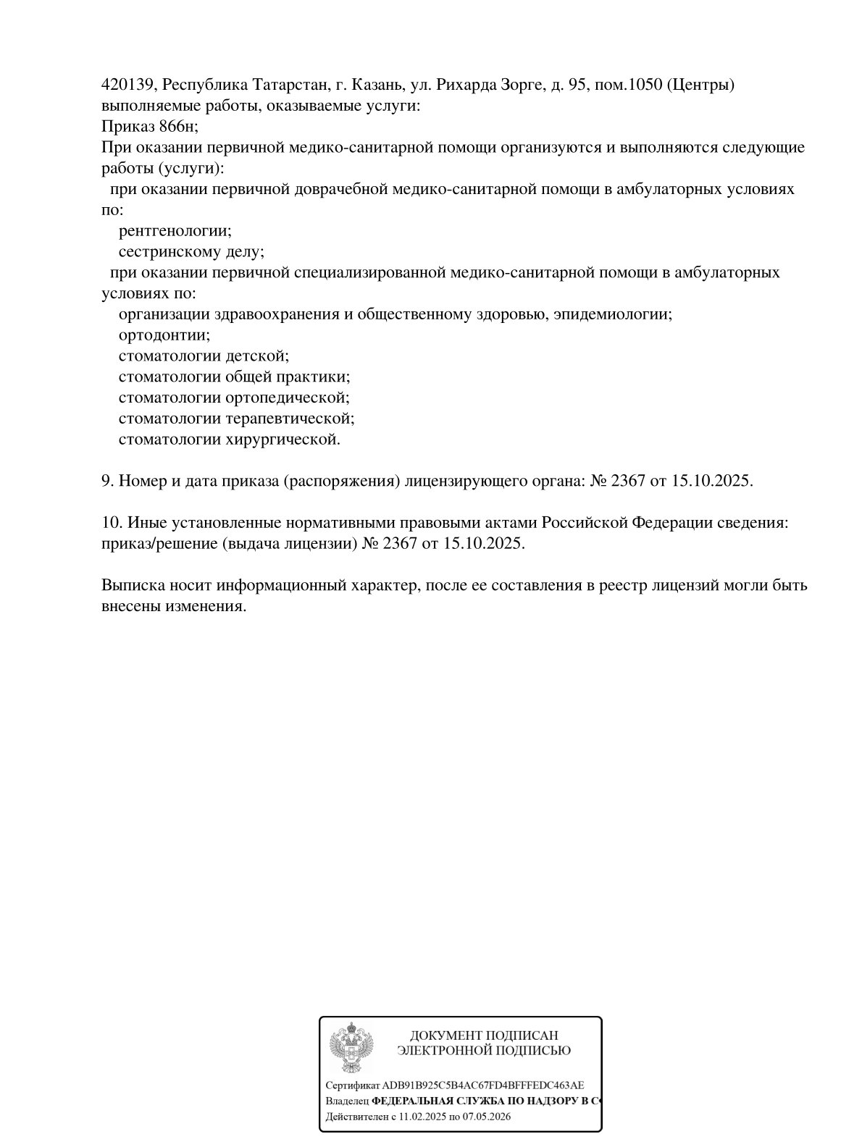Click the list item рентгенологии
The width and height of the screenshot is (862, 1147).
(x=175, y=232)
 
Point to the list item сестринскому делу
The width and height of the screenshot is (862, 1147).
(x=191, y=253)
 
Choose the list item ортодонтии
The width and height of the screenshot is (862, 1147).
(x=164, y=336)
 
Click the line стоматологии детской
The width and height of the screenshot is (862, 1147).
(x=204, y=357)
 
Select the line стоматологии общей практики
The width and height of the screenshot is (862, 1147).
(x=234, y=377)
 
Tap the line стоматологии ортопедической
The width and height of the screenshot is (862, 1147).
(x=234, y=398)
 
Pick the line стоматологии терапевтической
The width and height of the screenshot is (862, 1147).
(x=236, y=419)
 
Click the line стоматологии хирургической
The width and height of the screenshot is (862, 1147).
(x=229, y=440)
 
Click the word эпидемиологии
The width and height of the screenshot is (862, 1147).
(x=617, y=315)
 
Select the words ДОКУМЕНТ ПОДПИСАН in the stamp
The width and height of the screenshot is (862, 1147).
(x=484, y=1036)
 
